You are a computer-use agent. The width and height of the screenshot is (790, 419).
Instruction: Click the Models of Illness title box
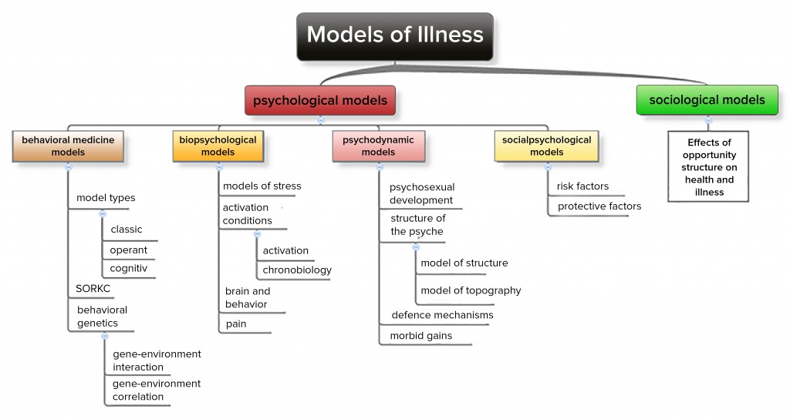(395, 35)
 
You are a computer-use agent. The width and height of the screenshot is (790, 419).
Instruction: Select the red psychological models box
(320, 100)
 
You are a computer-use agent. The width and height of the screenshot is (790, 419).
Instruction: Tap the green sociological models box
(707, 100)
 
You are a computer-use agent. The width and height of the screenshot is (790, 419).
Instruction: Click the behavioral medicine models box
(68, 146)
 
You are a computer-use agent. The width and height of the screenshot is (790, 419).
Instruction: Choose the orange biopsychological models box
(218, 146)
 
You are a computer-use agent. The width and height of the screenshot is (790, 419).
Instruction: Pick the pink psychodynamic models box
(378, 146)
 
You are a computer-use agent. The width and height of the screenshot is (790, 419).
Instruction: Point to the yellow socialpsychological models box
(546, 146)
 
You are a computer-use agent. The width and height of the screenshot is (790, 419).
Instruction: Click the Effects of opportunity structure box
(708, 166)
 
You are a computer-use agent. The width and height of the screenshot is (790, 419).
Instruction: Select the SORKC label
(93, 288)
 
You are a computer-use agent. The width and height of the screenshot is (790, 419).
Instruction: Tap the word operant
(128, 250)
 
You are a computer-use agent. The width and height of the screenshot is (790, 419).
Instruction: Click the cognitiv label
(128, 268)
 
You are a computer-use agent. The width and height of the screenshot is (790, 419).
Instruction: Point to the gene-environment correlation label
(156, 390)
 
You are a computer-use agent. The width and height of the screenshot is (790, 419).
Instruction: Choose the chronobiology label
(297, 270)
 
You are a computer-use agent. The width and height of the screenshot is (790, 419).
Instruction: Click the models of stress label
(262, 186)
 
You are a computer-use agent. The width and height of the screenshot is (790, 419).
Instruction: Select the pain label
(236, 323)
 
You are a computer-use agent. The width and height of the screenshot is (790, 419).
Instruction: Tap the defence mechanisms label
(442, 314)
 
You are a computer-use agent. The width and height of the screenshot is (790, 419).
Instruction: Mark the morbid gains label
(421, 336)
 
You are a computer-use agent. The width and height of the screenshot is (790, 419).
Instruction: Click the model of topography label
(471, 290)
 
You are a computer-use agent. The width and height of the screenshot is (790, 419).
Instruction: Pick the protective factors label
(599, 206)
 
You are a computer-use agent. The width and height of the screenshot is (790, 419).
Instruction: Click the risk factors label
(582, 186)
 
